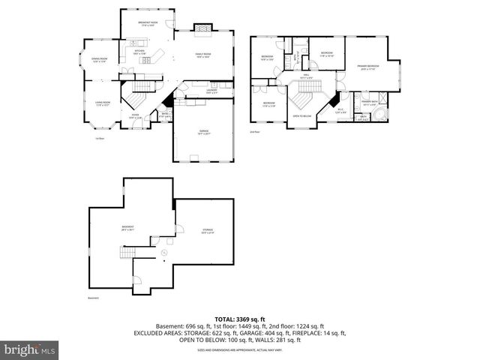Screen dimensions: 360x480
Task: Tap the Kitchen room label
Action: pyautogui.click(x=139, y=52)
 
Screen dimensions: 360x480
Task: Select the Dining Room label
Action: pyautogui.click(x=99, y=60)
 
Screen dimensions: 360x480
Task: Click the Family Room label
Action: pyautogui.click(x=202, y=55)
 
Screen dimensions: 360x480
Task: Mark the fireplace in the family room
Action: pyautogui.click(x=202, y=29)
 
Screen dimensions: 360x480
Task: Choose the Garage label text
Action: pyautogui.click(x=203, y=132)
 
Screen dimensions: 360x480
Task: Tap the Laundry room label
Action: pyautogui.click(x=211, y=92)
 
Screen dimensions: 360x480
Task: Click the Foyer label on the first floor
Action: pyautogui.click(x=135, y=115)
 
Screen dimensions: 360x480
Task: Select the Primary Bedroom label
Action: pyautogui.click(x=367, y=67)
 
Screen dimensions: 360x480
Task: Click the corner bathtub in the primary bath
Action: pyautogui.click(x=381, y=113)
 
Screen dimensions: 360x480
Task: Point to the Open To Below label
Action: pyautogui.click(x=301, y=116)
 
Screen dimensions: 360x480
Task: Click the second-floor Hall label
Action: pyautogui.click(x=306, y=76)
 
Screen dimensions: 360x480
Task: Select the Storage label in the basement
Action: pyautogui.click(x=207, y=231)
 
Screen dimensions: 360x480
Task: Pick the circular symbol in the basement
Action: pyautogui.click(x=164, y=253)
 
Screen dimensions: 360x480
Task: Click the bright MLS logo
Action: pyautogui.click(x=29, y=349)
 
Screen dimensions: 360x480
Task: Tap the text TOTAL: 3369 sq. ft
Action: pyautogui.click(x=239, y=318)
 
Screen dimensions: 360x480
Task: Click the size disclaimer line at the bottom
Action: pyautogui.click(x=239, y=350)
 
